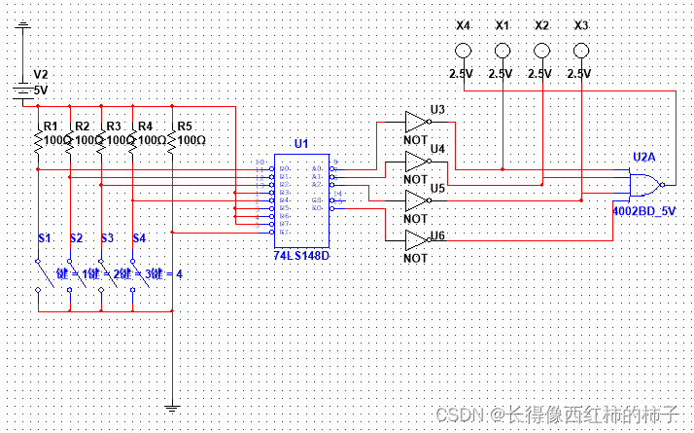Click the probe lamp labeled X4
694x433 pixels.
tap(464, 51)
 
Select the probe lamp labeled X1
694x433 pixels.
tap(503, 51)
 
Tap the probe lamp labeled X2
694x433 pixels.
tap(541, 51)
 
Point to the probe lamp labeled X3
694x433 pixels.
tap(581, 51)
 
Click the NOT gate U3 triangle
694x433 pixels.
tap(417, 122)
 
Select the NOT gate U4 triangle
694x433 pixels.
tap(417, 162)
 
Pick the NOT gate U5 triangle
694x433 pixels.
tap(417, 200)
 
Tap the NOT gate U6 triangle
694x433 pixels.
tap(417, 239)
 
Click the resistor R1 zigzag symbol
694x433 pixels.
tap(37, 141)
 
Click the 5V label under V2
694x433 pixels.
tap(41, 90)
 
